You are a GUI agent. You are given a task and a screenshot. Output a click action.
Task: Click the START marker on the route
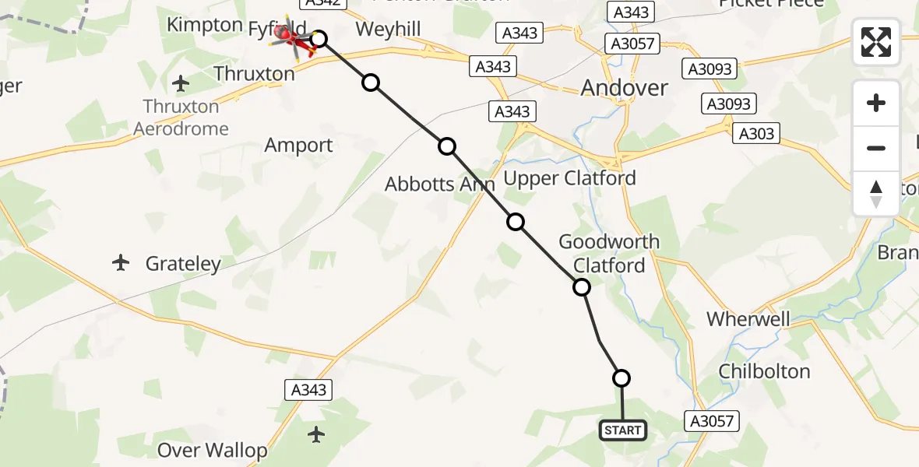622,430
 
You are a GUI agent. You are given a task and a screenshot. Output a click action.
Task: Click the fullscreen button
876,42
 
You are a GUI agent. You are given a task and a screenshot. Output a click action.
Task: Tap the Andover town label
624,88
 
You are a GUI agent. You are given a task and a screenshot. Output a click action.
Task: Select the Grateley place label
183,264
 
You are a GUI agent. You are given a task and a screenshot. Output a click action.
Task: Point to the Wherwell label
748,319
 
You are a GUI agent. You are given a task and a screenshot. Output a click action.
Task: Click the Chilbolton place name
764,371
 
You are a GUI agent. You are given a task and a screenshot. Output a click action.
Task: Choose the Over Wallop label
212,450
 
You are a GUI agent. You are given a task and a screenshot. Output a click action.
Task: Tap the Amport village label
298,146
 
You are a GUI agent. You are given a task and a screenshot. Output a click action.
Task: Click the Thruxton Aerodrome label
181,118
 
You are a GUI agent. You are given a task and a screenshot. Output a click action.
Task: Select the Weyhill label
388,30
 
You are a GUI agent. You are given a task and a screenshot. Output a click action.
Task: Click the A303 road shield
755,134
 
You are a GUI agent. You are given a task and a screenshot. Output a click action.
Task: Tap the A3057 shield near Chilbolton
710,421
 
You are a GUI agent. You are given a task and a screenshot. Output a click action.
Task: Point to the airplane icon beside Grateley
121,263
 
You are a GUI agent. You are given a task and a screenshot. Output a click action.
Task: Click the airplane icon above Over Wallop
316,434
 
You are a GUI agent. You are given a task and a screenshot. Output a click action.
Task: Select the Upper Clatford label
569,178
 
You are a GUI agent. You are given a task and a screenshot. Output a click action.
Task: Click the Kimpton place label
205,25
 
